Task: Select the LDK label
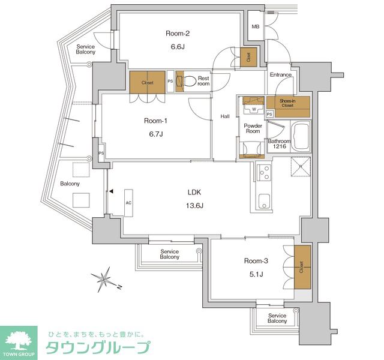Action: pos(194,192)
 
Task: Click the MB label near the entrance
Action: pos(256,27)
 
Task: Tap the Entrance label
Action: pos(280,75)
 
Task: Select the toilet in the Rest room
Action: pos(190,81)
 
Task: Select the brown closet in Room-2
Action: pos(248,56)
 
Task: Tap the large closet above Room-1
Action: pos(147,83)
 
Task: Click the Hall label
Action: pos(225,116)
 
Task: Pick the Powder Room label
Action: pos(253,128)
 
